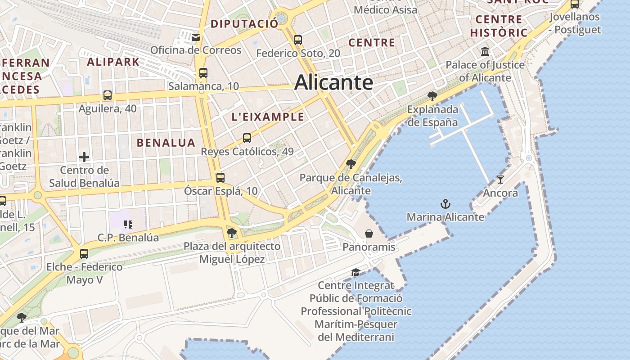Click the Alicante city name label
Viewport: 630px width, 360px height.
(x=333, y=83)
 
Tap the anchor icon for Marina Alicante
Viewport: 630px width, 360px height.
(x=445, y=204)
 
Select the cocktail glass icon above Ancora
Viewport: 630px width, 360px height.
(x=500, y=180)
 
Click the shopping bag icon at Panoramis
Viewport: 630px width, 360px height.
(x=369, y=234)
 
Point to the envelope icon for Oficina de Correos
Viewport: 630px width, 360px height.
(x=196, y=37)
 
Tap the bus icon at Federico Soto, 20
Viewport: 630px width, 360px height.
(x=297, y=40)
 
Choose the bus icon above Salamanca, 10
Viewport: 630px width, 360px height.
(x=203, y=73)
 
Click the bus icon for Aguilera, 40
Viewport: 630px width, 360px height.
(x=107, y=95)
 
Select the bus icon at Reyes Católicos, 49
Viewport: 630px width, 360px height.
(x=247, y=138)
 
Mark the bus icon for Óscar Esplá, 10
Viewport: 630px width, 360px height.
(x=220, y=178)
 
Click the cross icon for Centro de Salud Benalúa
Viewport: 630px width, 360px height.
(x=84, y=157)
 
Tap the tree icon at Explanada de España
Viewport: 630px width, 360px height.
(x=432, y=96)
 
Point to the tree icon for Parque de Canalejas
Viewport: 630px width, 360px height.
(x=351, y=164)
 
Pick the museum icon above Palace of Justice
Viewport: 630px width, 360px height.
(x=485, y=52)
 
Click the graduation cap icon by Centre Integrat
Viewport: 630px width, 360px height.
(x=355, y=272)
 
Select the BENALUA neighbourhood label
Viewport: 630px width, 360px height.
(x=166, y=143)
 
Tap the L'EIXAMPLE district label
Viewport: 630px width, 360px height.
(x=267, y=117)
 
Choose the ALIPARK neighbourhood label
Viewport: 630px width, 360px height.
(x=113, y=62)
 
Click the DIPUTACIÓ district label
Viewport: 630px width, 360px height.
(x=244, y=24)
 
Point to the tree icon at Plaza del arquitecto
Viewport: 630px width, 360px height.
(x=232, y=233)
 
